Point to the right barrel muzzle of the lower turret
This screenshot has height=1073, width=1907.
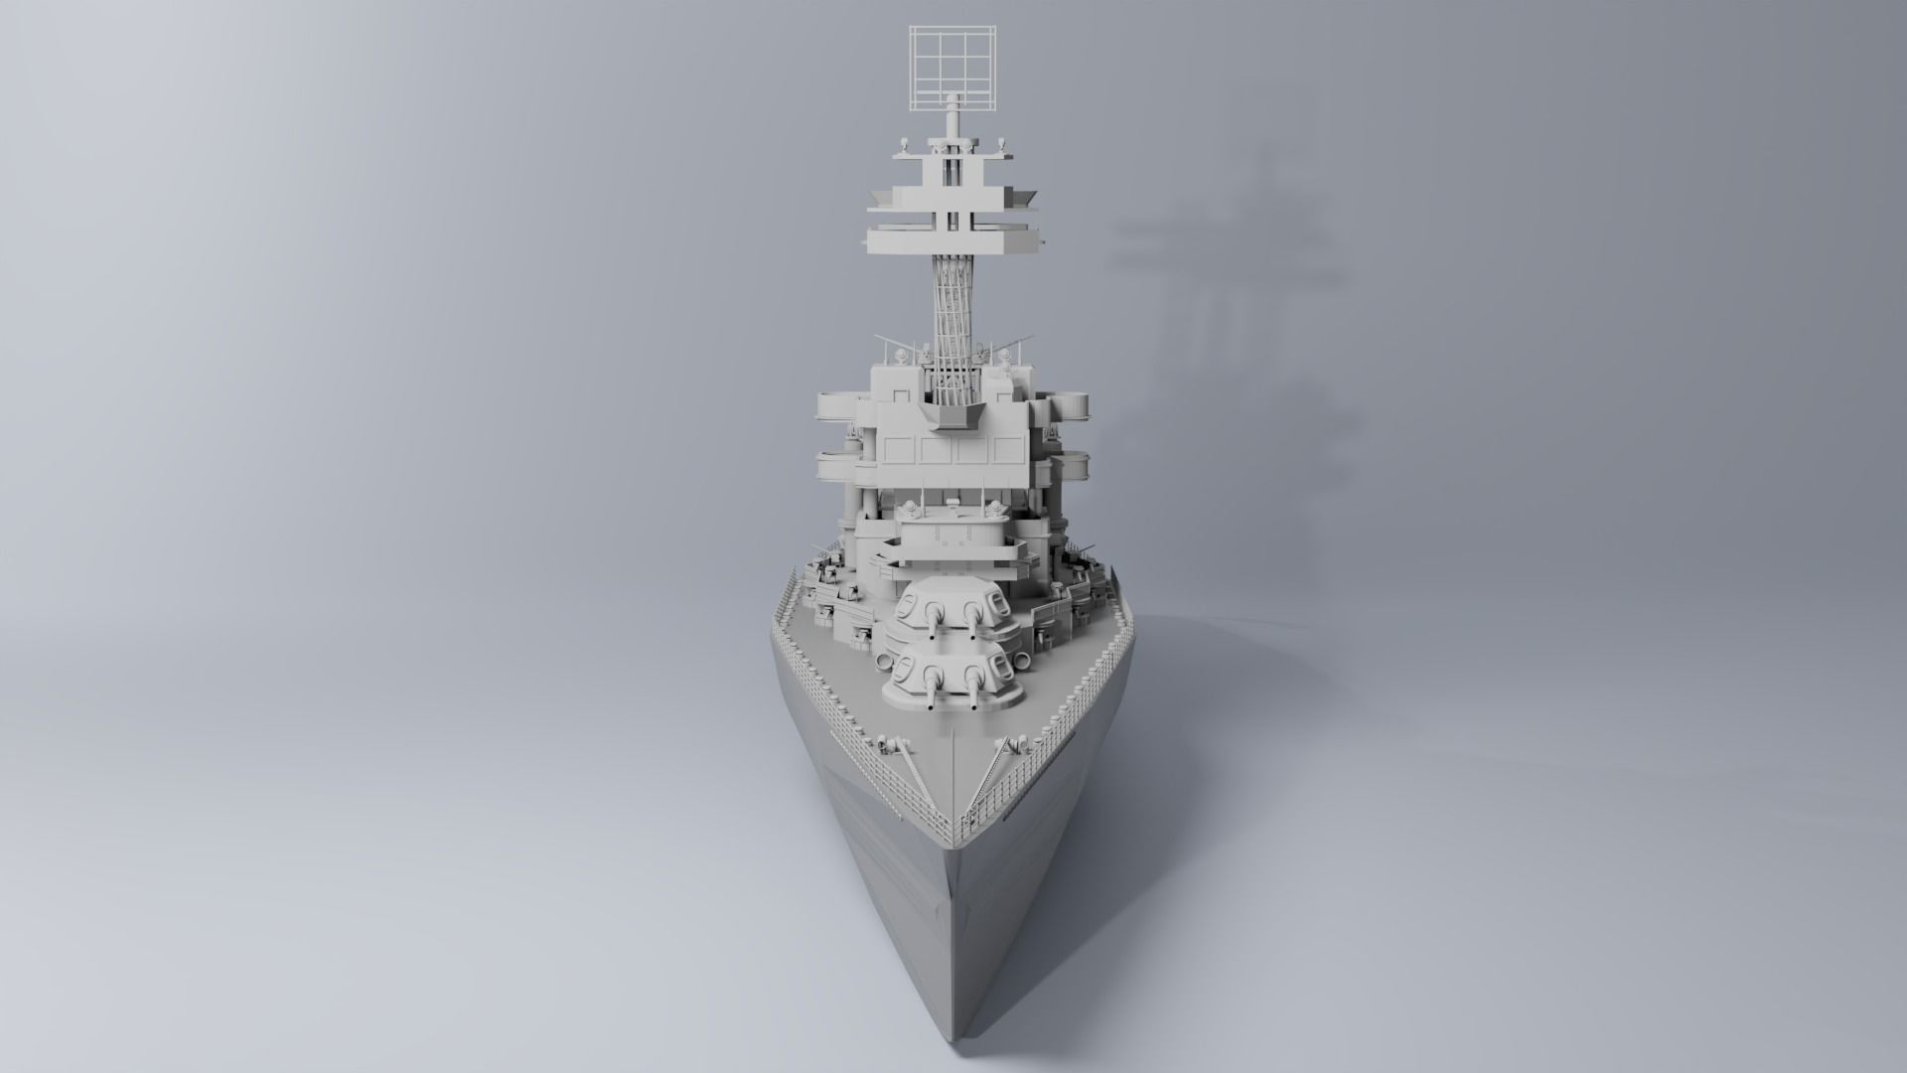pos(972,707)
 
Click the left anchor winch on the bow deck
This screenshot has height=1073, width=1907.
pos(891,745)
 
